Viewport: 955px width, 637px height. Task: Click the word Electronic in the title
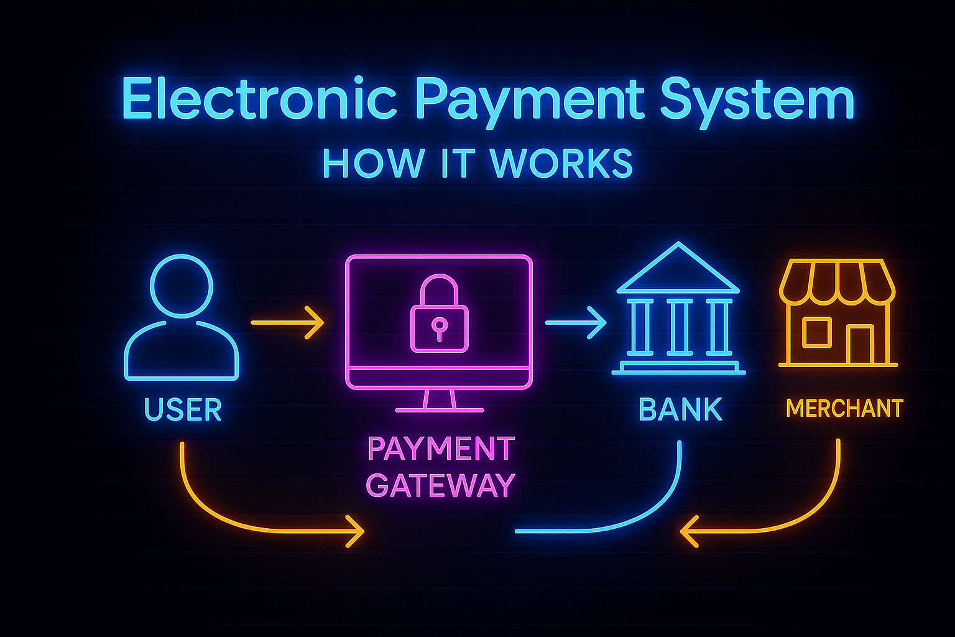(x=259, y=100)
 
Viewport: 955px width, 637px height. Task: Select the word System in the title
(x=756, y=101)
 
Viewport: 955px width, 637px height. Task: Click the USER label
(x=183, y=410)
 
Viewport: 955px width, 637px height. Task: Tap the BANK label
(x=680, y=410)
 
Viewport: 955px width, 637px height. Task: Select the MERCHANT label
(x=844, y=409)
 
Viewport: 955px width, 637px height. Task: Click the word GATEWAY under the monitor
(x=440, y=485)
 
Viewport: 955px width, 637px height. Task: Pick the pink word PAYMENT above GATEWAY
(x=441, y=449)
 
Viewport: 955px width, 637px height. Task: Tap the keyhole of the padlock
(x=439, y=327)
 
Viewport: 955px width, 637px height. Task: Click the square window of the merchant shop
(x=816, y=332)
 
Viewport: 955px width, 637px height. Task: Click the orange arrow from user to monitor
(x=288, y=323)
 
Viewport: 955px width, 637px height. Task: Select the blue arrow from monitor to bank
(x=575, y=322)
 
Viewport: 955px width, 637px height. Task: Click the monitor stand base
(x=440, y=409)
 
